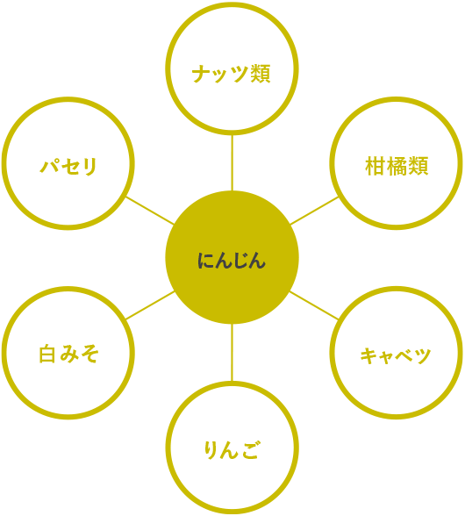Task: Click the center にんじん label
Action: (232, 261)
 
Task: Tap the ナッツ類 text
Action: (232, 74)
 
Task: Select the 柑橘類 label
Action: (397, 166)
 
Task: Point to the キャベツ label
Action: (396, 355)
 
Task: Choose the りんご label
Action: (232, 450)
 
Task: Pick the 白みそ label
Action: (68, 355)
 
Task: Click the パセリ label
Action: (68, 166)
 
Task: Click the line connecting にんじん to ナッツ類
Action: (232, 162)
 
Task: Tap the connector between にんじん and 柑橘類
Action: (314, 211)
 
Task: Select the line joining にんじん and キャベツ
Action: (314, 305)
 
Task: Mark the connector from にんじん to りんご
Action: (232, 353)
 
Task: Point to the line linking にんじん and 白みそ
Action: (150, 305)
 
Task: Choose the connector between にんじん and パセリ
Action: (150, 211)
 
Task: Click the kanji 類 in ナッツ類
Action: (261, 74)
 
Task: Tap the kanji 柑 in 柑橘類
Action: (376, 166)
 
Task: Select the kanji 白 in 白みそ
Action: (47, 355)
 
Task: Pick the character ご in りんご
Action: (250, 450)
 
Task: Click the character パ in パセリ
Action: (50, 166)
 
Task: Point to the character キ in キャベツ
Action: (368, 355)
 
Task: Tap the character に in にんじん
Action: (205, 261)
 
